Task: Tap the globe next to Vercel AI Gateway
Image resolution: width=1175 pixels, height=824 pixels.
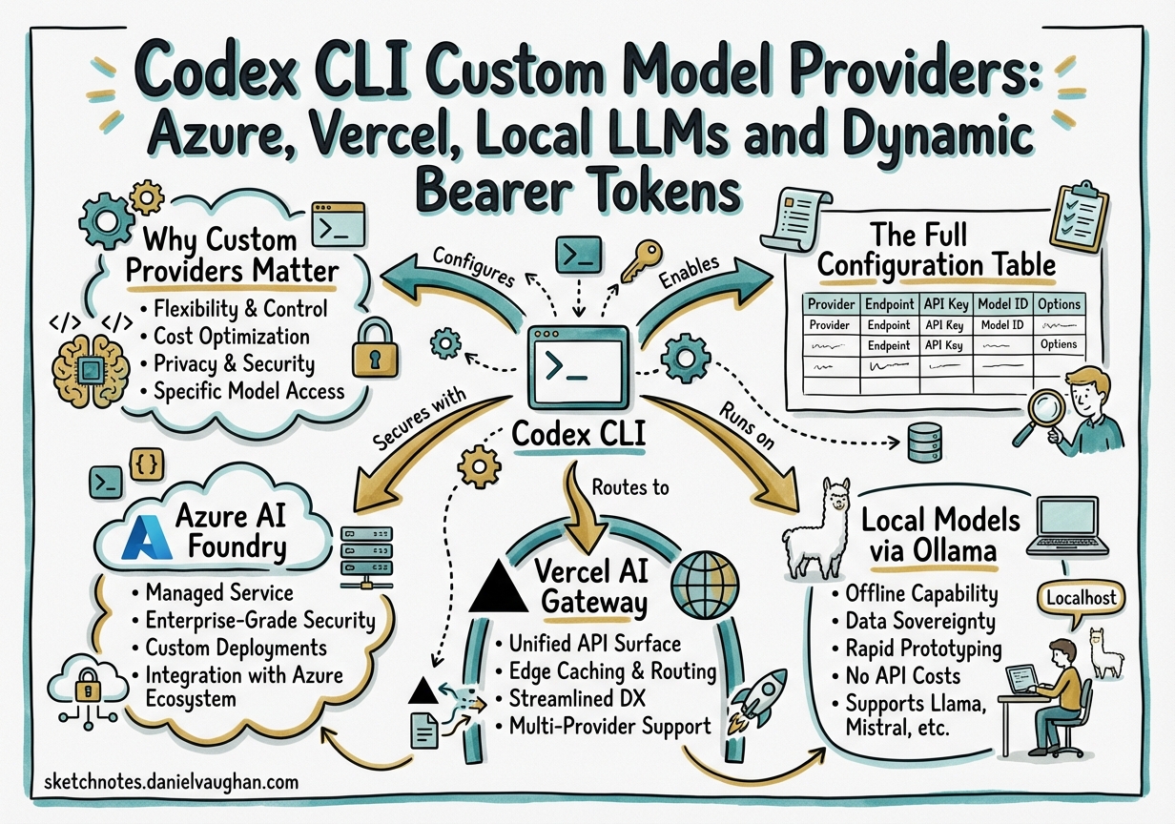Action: pos(705,585)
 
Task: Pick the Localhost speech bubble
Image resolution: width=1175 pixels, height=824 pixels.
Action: pos(1073,598)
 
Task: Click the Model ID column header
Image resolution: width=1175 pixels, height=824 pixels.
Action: pos(1001,304)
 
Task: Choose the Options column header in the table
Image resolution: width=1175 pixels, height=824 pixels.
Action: pos(1060,304)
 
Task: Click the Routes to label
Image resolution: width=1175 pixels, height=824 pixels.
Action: pos(630,487)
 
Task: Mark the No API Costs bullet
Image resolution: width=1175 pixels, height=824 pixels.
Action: pos(903,677)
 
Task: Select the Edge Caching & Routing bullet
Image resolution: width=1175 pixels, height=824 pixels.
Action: pos(606,671)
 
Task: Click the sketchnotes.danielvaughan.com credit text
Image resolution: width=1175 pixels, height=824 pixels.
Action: pos(172,782)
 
